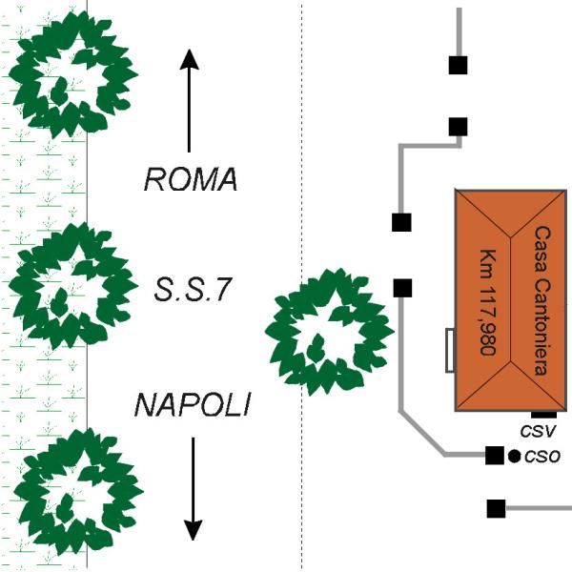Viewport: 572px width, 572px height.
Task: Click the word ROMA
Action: [190, 179]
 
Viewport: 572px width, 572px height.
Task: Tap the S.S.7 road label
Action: [194, 290]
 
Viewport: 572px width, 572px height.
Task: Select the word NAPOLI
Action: [192, 406]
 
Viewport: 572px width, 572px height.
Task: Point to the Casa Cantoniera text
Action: [541, 299]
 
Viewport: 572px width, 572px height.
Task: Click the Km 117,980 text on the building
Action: [485, 299]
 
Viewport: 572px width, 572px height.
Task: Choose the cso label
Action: [541, 456]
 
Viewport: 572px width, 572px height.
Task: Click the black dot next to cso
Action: [514, 456]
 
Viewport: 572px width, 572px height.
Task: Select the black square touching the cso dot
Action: [495, 456]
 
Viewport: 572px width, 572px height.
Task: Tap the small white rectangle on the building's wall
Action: [448, 350]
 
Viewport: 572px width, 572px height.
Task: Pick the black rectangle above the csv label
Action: [543, 413]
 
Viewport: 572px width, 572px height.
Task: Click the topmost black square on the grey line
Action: [459, 65]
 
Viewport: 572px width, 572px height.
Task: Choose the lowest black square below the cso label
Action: [496, 508]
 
